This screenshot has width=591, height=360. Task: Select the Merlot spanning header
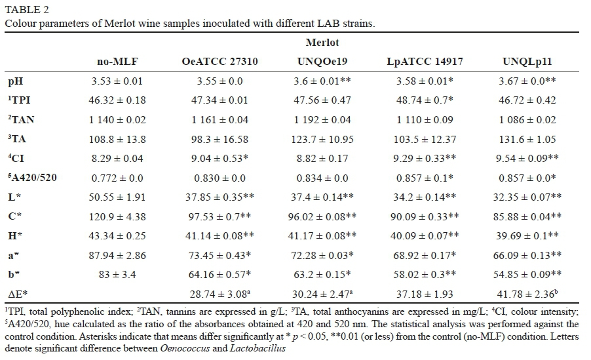[x=322, y=43]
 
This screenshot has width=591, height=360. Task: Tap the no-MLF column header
[x=117, y=62]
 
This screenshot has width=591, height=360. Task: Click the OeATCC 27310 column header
[x=219, y=62]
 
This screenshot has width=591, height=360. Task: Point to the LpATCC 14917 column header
[x=425, y=62]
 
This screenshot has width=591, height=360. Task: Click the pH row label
[x=14, y=81]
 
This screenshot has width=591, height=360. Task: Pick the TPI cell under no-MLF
[x=117, y=100]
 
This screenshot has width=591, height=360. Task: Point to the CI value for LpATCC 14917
[x=425, y=159]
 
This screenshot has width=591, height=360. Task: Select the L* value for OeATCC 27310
[x=219, y=197]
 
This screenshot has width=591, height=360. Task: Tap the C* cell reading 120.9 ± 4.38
[x=117, y=217]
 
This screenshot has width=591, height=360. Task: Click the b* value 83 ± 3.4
[x=117, y=275]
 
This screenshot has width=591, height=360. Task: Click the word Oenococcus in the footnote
[x=184, y=348]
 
